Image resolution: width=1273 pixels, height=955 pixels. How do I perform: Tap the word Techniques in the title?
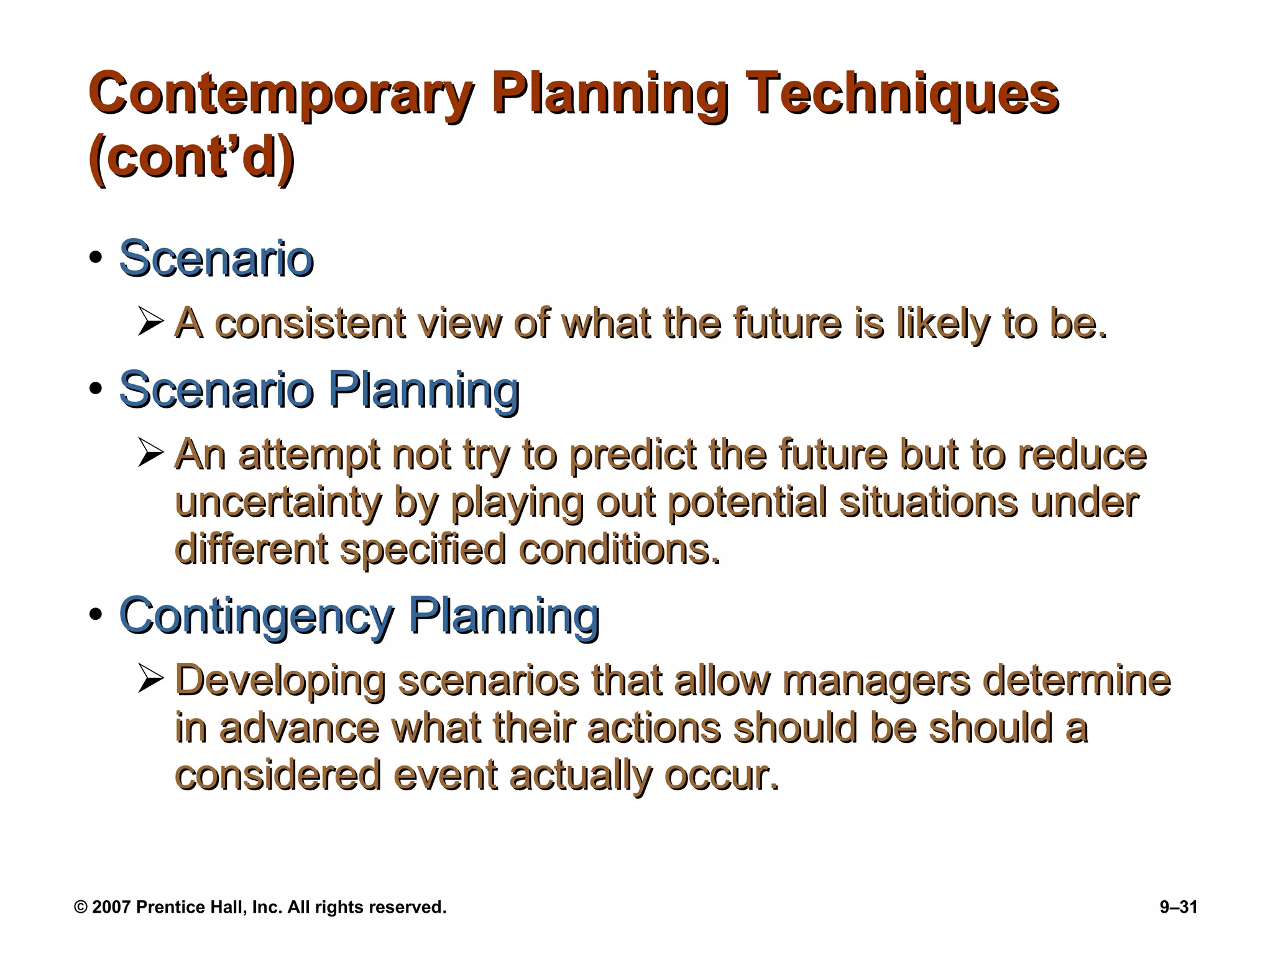click(x=902, y=95)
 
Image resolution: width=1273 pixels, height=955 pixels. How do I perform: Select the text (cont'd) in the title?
click(x=191, y=158)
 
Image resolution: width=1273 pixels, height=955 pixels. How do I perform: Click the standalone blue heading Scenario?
click(x=216, y=259)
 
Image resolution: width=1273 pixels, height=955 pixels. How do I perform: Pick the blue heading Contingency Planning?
click(x=359, y=615)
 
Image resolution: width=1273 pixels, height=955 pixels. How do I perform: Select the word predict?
click(x=633, y=455)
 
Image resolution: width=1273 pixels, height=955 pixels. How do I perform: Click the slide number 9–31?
click(x=1179, y=907)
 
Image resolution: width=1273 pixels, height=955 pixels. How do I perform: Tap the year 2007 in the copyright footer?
click(x=111, y=907)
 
